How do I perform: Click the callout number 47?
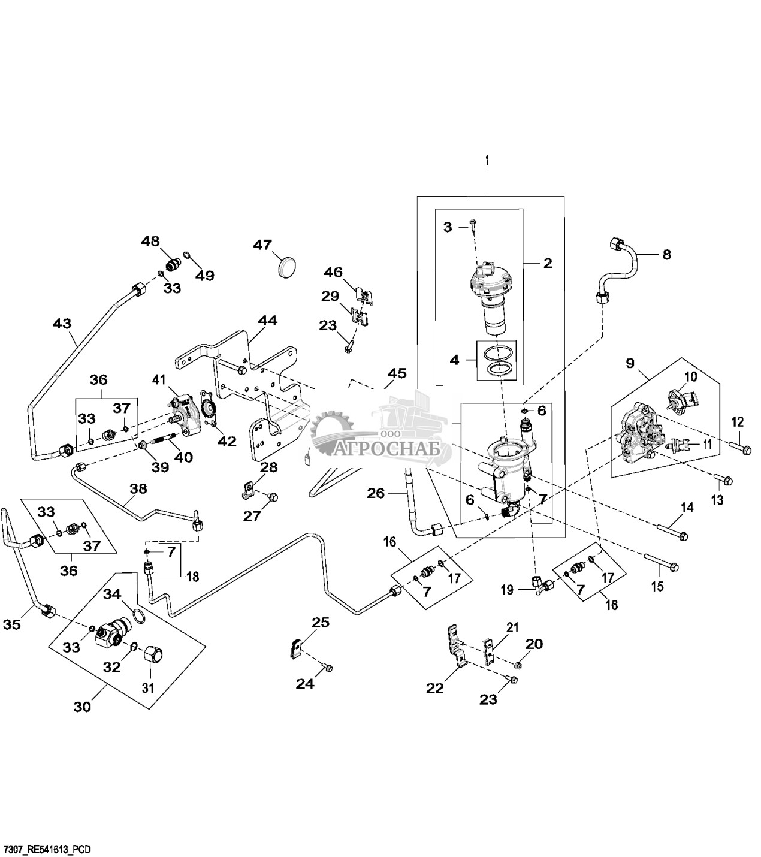[x=262, y=245]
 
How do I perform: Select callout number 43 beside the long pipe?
[x=62, y=324]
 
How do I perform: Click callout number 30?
[x=82, y=707]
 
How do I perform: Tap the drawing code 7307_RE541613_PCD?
[x=47, y=849]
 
